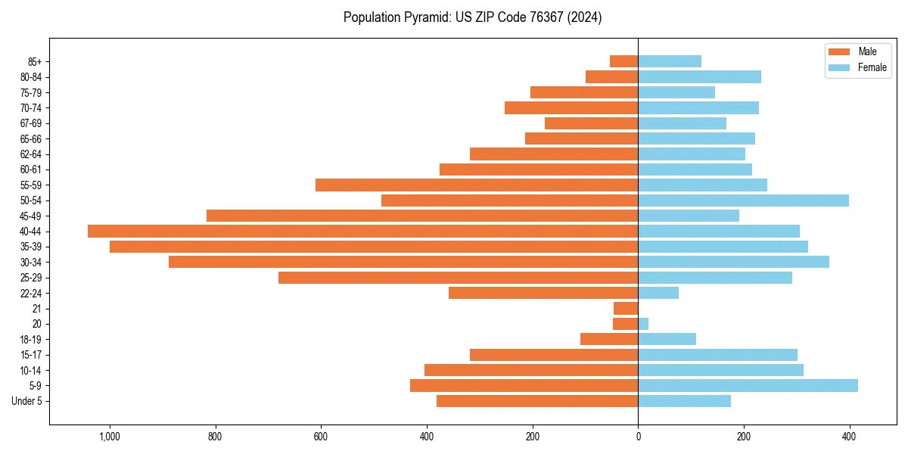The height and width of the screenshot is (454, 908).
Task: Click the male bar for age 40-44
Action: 363,231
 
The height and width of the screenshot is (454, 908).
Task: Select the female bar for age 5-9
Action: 748,385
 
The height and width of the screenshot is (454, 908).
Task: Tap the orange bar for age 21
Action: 626,308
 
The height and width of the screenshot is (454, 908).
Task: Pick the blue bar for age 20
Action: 643,324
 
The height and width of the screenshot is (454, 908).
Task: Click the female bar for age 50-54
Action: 743,201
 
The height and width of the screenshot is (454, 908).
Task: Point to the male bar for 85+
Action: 624,61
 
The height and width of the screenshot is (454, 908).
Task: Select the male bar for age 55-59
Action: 477,185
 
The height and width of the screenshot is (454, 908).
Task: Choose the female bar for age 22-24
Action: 658,293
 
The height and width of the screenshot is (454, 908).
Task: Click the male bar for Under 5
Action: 537,401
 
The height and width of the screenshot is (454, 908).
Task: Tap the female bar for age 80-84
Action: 699,76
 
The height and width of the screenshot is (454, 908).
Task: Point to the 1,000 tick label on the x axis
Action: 110,437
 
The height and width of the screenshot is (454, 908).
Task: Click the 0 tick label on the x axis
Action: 638,437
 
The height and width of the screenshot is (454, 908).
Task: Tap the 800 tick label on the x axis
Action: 215,437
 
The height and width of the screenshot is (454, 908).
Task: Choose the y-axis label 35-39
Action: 30,247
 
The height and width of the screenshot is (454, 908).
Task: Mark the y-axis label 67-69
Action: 30,123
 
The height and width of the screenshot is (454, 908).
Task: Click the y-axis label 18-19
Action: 30,339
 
